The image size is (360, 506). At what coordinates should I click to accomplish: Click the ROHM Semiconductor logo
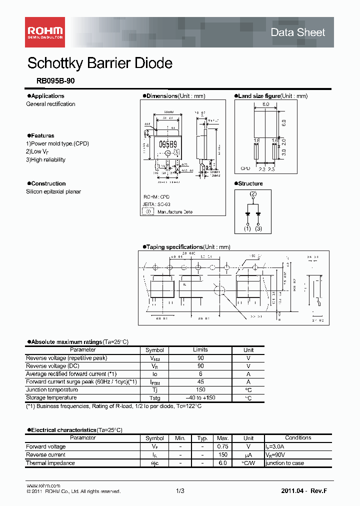point(44,32)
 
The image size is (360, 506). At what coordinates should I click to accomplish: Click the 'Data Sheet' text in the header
point(297,32)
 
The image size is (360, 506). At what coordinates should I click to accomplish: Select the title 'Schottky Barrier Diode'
point(100,63)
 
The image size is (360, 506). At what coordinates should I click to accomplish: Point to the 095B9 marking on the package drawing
point(167,144)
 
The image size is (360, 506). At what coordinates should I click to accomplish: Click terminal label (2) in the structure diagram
point(253,193)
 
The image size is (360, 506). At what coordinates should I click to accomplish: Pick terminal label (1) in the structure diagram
point(247,228)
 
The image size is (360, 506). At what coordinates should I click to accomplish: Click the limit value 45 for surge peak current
point(200,382)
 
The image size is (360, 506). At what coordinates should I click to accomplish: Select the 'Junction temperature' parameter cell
point(52,390)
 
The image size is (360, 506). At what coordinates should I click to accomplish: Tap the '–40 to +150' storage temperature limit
point(200,398)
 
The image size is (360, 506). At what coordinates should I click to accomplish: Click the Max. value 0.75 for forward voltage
point(222,446)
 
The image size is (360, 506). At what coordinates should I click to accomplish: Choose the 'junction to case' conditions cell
point(285,463)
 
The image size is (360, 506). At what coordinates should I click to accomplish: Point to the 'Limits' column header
point(200,350)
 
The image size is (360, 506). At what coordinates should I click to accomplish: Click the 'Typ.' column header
point(202,438)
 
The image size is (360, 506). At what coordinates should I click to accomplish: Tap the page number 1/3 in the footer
point(180,491)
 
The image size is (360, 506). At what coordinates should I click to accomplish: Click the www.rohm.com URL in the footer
point(43,485)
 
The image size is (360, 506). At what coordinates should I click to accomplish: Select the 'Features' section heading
point(42,136)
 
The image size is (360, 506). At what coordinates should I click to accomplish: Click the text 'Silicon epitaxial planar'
point(53,191)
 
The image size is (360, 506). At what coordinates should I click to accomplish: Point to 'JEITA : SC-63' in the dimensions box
point(156,204)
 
